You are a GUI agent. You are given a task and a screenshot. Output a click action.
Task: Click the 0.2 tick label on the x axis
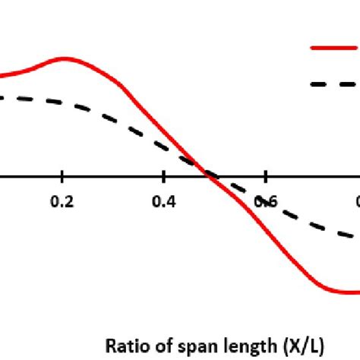(x=63, y=201)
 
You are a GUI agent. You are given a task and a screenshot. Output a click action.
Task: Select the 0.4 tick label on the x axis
(x=164, y=201)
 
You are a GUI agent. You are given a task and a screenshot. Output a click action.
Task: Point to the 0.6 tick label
(x=264, y=201)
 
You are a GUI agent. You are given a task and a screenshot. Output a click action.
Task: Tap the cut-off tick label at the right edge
(x=356, y=201)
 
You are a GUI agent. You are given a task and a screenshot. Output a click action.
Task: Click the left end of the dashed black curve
(x=2, y=97)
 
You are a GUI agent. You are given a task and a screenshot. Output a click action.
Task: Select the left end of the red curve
(x=2, y=77)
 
